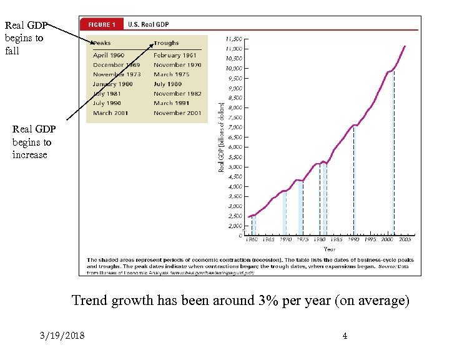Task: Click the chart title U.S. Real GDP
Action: point(148,25)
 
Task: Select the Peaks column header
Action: point(102,43)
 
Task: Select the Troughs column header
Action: point(166,43)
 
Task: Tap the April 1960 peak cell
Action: point(109,56)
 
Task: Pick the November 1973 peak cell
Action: point(117,74)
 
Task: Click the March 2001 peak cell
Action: point(111,113)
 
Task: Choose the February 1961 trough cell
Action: point(175,56)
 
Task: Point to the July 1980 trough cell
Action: point(168,84)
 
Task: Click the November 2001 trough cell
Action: point(177,113)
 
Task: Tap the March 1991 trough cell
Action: point(172,103)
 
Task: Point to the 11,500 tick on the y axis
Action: point(234,39)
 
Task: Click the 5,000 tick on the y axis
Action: point(235,167)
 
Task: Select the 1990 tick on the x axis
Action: point(354,239)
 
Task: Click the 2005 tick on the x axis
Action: point(405,239)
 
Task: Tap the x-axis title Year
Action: point(329,248)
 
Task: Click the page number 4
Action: point(345,337)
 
